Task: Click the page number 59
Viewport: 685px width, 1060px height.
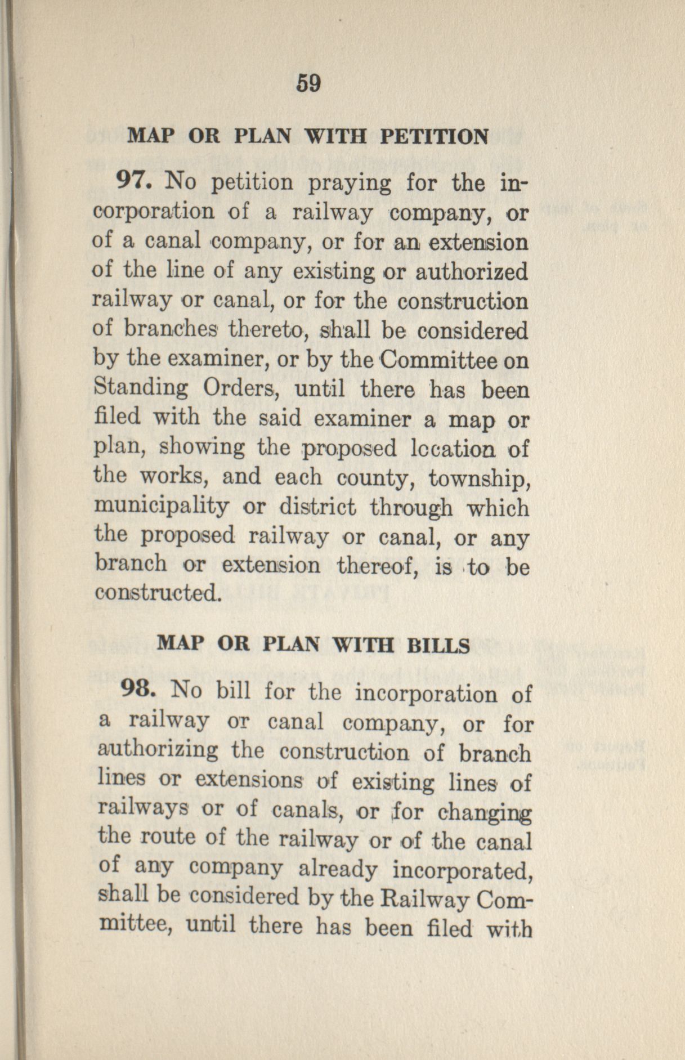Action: coord(307,84)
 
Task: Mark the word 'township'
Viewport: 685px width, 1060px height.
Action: coord(478,478)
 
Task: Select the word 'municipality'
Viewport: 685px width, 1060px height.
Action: coord(162,508)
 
